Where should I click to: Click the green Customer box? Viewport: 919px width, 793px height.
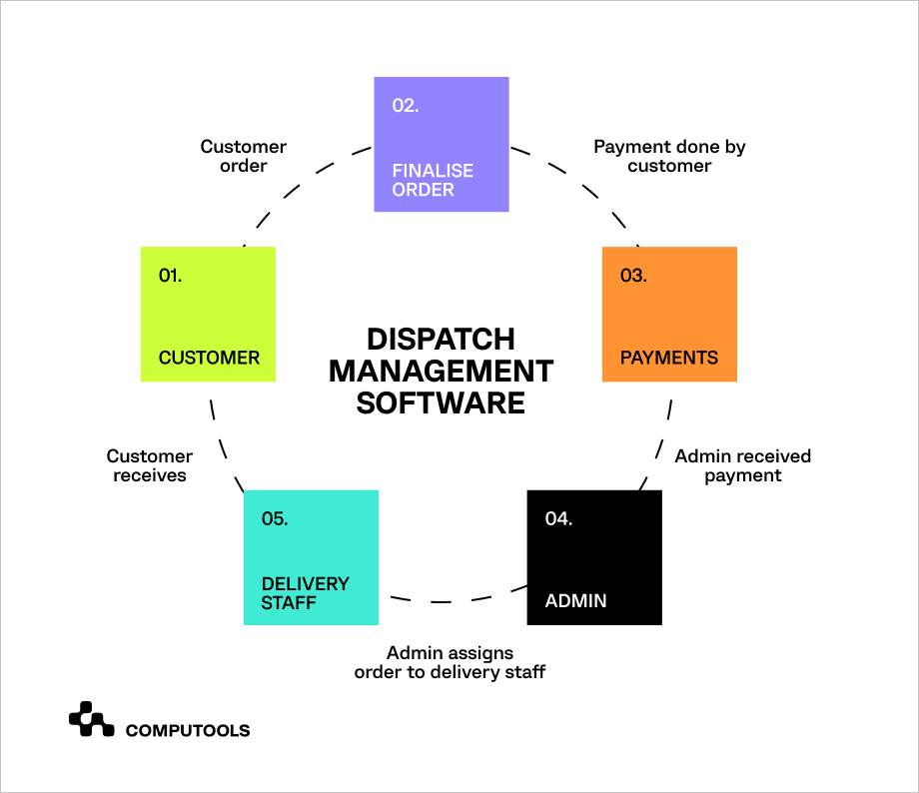point(208,315)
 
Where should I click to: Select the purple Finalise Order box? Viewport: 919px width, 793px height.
point(442,144)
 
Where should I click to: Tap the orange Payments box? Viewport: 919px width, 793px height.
point(669,315)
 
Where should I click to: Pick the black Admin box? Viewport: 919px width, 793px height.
point(594,557)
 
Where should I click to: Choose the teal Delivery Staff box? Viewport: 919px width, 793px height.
point(311,557)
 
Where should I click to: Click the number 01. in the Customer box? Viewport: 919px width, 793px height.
point(170,276)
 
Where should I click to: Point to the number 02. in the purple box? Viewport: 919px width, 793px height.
point(405,106)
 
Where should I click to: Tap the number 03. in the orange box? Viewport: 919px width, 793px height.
point(633,276)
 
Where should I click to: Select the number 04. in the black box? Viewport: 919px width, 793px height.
point(558,518)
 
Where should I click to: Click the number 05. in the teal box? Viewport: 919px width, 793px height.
point(275,518)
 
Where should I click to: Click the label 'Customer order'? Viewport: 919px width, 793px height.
point(243,156)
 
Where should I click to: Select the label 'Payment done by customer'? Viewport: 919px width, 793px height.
point(669,156)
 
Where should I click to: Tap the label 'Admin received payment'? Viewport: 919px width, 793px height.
point(742,465)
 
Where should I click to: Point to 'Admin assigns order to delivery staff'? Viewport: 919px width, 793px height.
point(450,662)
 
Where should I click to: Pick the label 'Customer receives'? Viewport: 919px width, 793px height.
point(150,465)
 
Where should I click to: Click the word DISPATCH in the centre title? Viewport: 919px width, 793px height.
point(441,340)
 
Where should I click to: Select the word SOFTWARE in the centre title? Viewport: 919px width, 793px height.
point(441,402)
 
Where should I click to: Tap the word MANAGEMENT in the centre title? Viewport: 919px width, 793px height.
point(441,371)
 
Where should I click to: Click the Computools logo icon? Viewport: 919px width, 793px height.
point(92,719)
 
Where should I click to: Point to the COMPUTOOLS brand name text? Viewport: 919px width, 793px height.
point(188,730)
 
